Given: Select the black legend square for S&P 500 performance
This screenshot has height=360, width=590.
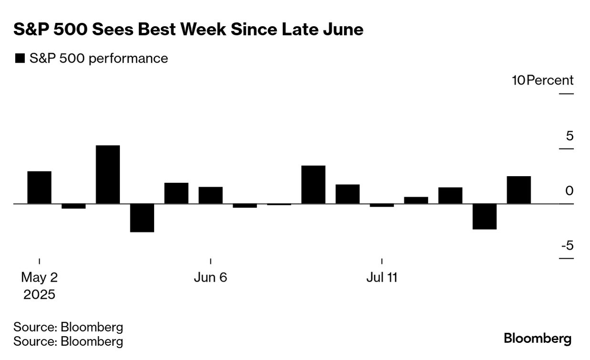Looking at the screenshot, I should click(20, 59).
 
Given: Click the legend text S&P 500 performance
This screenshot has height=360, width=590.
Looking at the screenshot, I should click(98, 58).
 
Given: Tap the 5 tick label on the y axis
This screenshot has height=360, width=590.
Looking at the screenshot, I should click(569, 136).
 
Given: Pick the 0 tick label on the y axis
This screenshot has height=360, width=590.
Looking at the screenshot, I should click(569, 191).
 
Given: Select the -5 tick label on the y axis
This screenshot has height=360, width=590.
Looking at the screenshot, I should click(567, 246).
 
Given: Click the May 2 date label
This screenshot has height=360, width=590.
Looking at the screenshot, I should click(39, 277).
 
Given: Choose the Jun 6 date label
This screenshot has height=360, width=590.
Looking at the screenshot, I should click(211, 277).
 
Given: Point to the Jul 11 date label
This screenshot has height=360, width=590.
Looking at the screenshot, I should click(382, 277).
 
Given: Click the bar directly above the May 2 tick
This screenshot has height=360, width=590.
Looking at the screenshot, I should click(39, 187).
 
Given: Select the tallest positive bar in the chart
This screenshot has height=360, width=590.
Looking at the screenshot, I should click(108, 174).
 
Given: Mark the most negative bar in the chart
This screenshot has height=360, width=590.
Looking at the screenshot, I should click(142, 218).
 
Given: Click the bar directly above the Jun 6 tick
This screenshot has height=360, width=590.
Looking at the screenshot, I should click(211, 195).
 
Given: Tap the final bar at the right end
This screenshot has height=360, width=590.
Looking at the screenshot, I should click(519, 190).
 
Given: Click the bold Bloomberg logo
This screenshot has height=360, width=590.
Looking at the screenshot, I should click(537, 339).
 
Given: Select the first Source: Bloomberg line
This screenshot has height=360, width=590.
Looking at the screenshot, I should click(68, 327).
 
